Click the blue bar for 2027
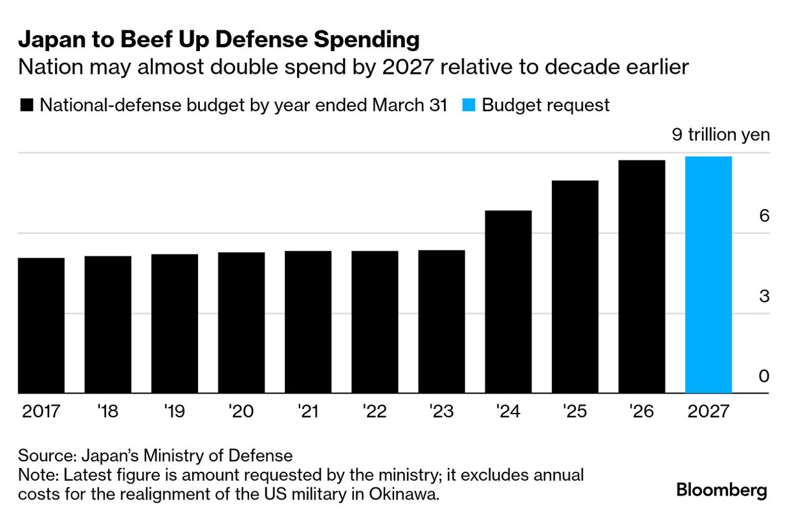tap(708, 275)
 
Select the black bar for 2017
tap(41, 326)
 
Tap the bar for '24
tap(508, 302)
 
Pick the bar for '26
tap(641, 276)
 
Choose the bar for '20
tap(241, 322)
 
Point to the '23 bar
tap(441, 322)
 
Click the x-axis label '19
tap(175, 412)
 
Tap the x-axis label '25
tap(575, 412)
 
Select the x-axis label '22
tap(375, 412)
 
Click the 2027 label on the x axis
tap(708, 412)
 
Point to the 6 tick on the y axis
tap(764, 216)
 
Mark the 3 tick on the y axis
tap(764, 296)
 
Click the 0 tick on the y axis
tap(764, 377)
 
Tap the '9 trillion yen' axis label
tap(721, 135)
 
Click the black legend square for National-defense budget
tap(27, 105)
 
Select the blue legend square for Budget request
tap(470, 105)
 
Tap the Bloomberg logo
tap(721, 491)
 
